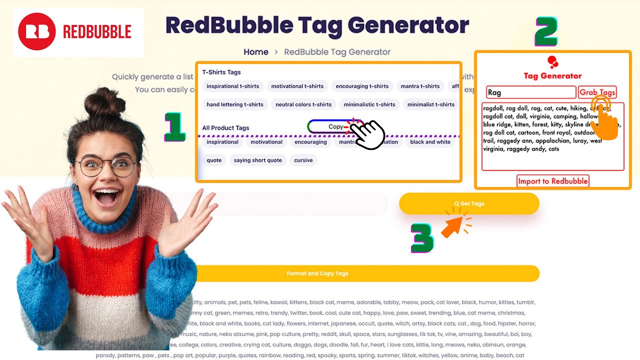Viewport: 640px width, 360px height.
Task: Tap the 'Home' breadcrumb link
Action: click(256, 52)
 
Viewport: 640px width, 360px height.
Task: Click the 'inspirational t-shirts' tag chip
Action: click(232, 86)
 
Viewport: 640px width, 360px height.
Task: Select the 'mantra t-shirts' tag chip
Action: click(420, 86)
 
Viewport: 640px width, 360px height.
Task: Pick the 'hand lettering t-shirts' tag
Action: click(235, 104)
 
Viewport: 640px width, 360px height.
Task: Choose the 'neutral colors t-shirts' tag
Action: click(303, 104)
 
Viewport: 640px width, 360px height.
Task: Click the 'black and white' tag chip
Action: click(430, 142)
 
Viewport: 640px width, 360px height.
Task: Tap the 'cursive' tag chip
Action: click(303, 160)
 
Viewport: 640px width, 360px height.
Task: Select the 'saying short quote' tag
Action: click(257, 160)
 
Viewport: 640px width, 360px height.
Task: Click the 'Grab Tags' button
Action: click(597, 92)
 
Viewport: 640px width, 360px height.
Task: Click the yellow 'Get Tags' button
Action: click(469, 203)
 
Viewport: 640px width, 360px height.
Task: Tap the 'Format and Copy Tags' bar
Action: click(317, 273)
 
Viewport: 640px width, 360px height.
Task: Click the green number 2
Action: click(545, 31)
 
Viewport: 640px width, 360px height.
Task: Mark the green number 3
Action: click(422, 237)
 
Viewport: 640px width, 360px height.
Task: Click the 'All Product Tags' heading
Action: click(225, 128)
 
